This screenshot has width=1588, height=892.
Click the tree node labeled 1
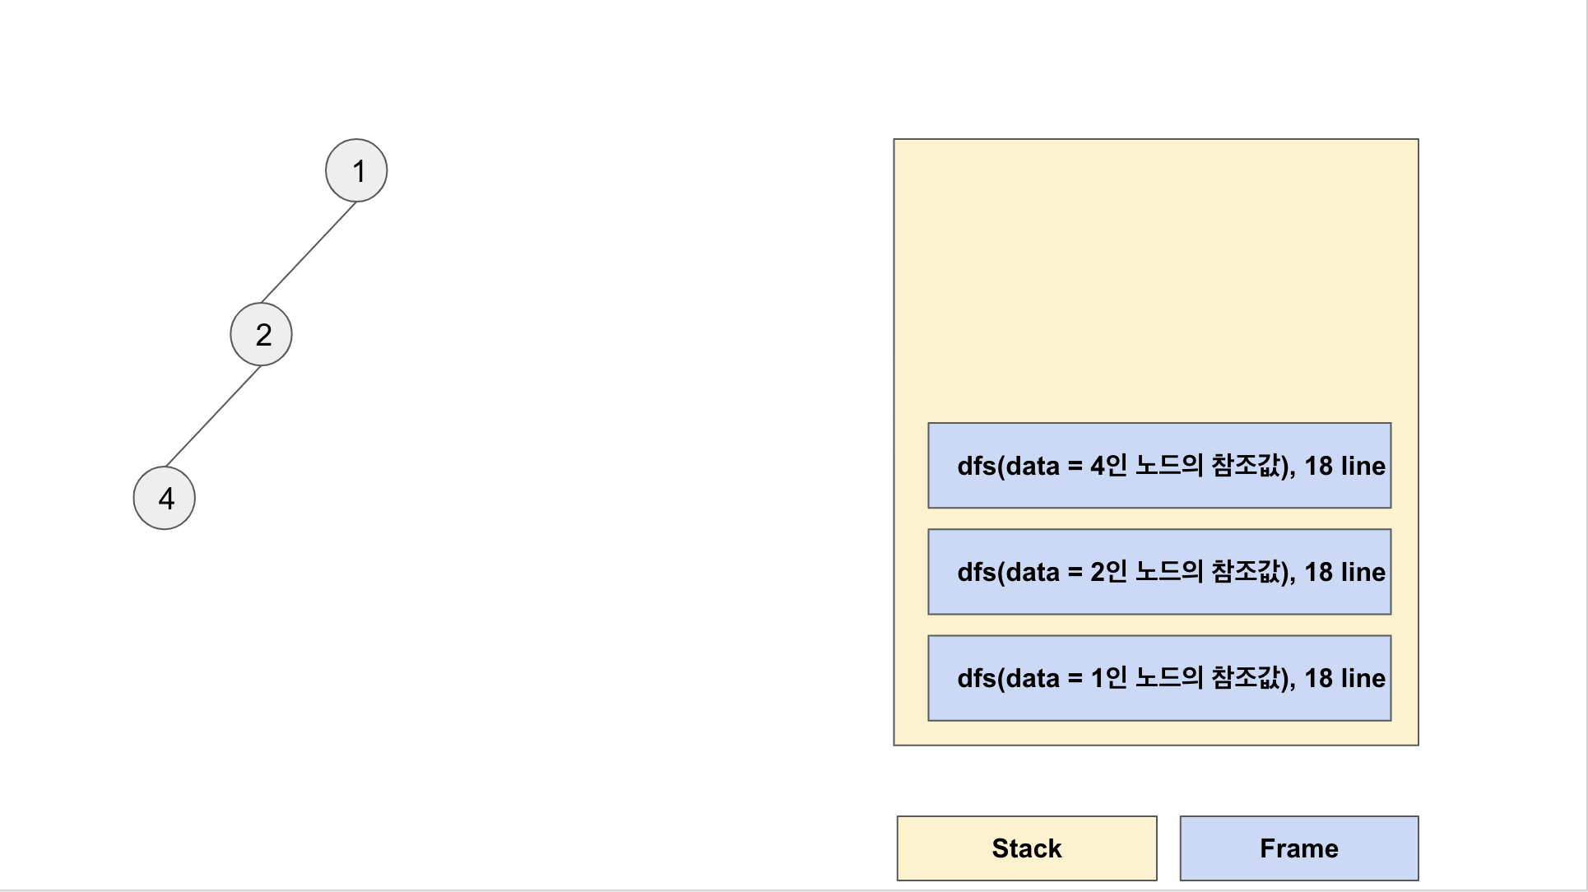pyautogui.click(x=356, y=170)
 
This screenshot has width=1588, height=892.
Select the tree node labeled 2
pyautogui.click(x=261, y=334)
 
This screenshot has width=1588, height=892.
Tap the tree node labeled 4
pyautogui.click(x=165, y=498)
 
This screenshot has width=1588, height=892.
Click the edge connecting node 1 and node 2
pyautogui.click(x=309, y=252)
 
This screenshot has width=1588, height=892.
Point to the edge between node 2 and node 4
pyautogui.click(x=213, y=416)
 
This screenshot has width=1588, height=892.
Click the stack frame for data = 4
pyautogui.click(x=1158, y=466)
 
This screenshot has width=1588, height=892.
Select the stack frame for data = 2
pyautogui.click(x=1158, y=572)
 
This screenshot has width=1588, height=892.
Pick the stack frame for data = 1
pyautogui.click(x=1158, y=678)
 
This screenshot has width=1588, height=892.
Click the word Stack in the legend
pyautogui.click(x=1026, y=848)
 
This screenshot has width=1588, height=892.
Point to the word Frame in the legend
pyautogui.click(x=1298, y=848)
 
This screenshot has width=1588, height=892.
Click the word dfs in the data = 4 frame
pyautogui.click(x=976, y=466)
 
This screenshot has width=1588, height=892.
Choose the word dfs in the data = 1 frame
pyautogui.click(x=976, y=678)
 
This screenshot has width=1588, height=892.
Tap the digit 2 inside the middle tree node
pyautogui.click(x=263, y=335)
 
